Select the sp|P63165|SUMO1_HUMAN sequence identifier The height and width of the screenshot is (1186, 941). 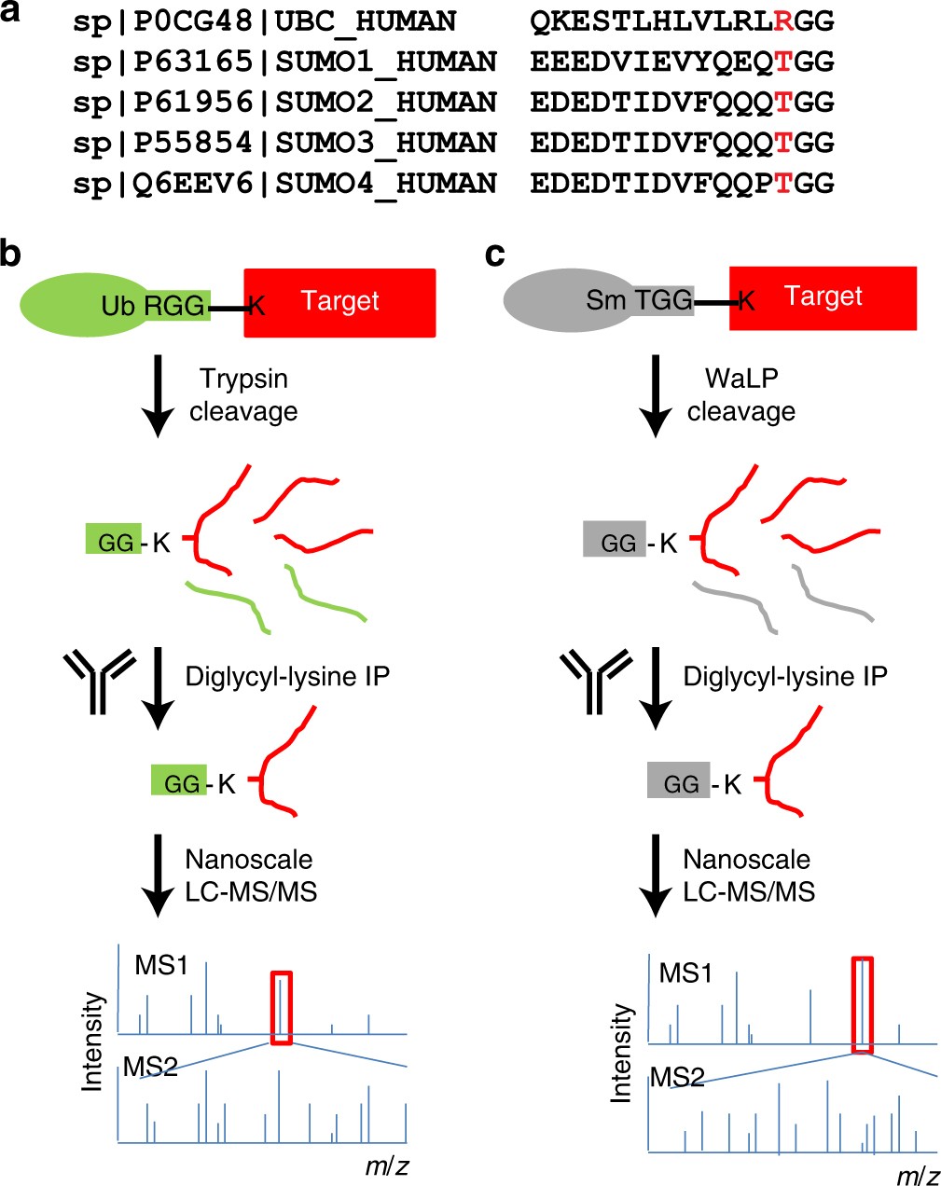pyautogui.click(x=284, y=62)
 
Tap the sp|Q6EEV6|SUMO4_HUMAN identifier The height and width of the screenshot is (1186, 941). pyautogui.click(x=284, y=183)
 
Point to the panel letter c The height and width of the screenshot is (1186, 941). pyautogui.click(x=495, y=253)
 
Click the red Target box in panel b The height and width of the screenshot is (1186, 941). pyautogui.click(x=339, y=302)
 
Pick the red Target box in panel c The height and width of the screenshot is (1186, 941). pyautogui.click(x=823, y=297)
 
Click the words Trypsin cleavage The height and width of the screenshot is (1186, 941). pyautogui.click(x=243, y=394)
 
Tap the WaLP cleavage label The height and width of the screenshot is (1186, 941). pyautogui.click(x=741, y=394)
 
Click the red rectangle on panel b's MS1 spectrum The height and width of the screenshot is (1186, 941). pyautogui.click(x=282, y=1007)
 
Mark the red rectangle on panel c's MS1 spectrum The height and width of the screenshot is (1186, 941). pyautogui.click(x=864, y=1004)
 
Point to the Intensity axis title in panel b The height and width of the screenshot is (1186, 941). pyautogui.click(x=92, y=1041)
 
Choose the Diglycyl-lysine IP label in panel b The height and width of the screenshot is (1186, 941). pyautogui.click(x=287, y=676)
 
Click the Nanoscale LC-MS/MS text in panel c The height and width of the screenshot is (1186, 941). pyautogui.click(x=748, y=876)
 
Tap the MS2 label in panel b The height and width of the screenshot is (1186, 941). pyautogui.click(x=150, y=1066)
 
